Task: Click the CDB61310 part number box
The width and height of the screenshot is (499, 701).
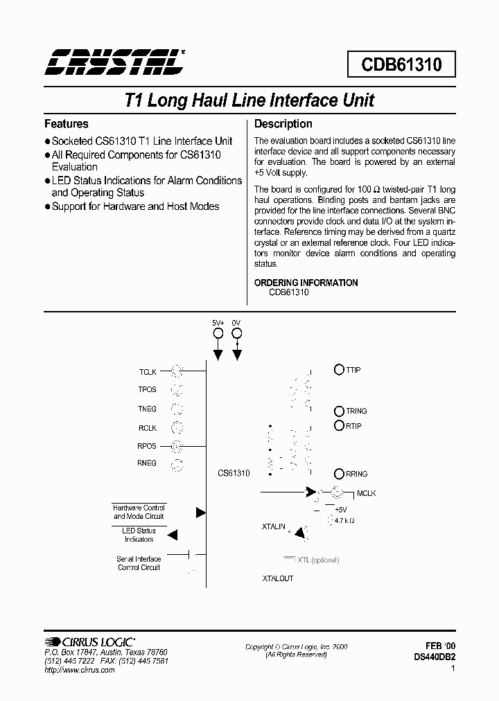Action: [400, 64]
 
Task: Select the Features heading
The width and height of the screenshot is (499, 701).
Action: [67, 124]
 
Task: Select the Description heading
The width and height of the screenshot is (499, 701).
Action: [283, 124]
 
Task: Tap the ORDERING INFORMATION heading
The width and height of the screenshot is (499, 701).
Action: [306, 283]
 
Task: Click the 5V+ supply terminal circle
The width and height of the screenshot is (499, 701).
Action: [218, 333]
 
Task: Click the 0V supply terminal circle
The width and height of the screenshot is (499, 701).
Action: [236, 333]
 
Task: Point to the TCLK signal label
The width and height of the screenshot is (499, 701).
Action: [148, 371]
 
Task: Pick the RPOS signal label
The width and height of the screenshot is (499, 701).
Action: [147, 446]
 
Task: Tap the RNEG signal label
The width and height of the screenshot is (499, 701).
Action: [147, 463]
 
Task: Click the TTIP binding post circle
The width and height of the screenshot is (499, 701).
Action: [339, 370]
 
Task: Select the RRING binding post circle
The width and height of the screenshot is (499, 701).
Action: [339, 474]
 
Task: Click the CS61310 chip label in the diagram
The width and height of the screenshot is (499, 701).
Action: [234, 473]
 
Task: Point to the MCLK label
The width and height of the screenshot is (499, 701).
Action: [367, 494]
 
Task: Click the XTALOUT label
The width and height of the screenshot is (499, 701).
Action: [278, 578]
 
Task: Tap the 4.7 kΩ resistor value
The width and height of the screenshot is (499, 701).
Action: [344, 520]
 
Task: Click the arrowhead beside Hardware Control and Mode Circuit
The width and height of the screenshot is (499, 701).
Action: [200, 513]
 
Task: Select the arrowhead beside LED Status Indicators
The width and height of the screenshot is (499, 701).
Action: [173, 535]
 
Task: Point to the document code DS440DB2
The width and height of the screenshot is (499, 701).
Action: [435, 656]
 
